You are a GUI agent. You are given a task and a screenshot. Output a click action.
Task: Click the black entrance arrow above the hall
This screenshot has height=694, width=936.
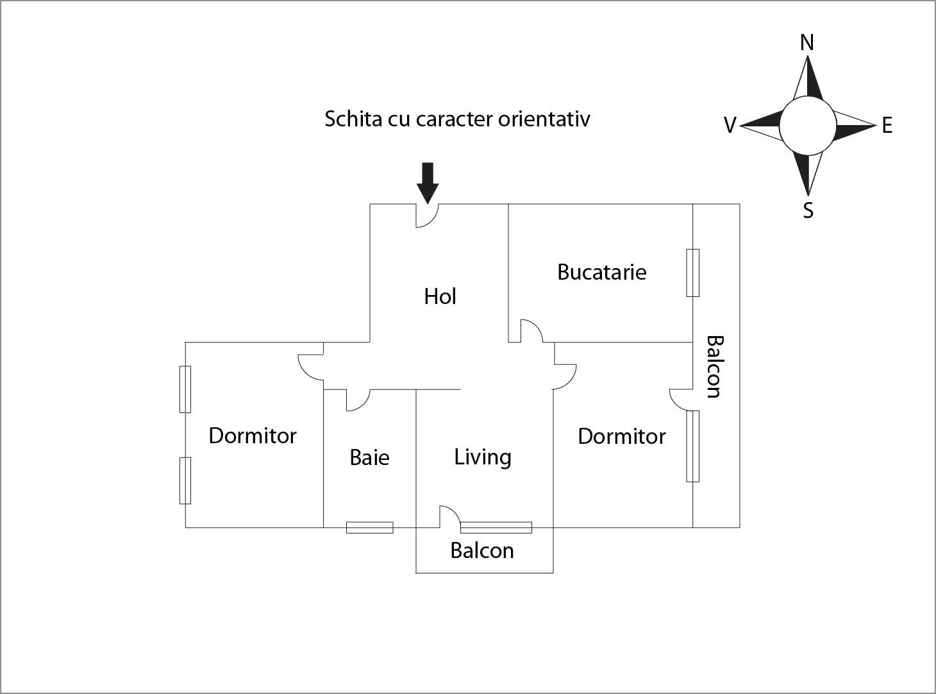tap(428, 183)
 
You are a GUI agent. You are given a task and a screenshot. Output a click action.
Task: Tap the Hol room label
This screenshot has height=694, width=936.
tap(440, 296)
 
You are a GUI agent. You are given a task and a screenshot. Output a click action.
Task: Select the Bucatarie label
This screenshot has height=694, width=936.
tap(602, 272)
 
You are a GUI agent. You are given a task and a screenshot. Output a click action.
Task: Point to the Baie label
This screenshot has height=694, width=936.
tap(369, 457)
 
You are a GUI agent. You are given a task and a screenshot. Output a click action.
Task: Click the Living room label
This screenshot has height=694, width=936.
tap(483, 457)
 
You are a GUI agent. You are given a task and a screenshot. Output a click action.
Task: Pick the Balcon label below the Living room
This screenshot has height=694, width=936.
tap(482, 550)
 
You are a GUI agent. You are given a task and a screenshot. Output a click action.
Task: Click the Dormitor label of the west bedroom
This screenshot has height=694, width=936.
tap(253, 436)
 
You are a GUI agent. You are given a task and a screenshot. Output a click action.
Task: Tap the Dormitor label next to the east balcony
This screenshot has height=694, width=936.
tap(622, 436)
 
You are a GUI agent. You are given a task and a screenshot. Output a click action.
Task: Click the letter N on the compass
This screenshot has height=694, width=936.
tap(807, 43)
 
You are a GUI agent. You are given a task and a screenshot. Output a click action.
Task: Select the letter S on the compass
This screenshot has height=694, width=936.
tap(808, 210)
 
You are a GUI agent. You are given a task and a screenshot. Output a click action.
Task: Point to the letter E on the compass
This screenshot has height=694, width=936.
tap(887, 126)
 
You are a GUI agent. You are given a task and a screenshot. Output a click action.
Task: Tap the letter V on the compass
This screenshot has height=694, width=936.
tap(730, 126)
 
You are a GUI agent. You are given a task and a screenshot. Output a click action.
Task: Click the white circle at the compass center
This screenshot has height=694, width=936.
tap(808, 126)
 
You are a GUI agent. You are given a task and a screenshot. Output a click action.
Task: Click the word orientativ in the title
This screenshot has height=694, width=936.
tap(544, 119)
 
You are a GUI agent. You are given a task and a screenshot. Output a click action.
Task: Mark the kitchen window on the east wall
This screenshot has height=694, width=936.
tap(692, 273)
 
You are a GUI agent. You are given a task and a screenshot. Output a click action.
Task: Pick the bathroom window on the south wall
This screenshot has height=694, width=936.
tap(370, 528)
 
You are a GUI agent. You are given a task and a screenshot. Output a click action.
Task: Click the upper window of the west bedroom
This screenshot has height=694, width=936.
tap(185, 389)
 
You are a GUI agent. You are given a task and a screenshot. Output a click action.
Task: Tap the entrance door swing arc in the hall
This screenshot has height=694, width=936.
tap(428, 216)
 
